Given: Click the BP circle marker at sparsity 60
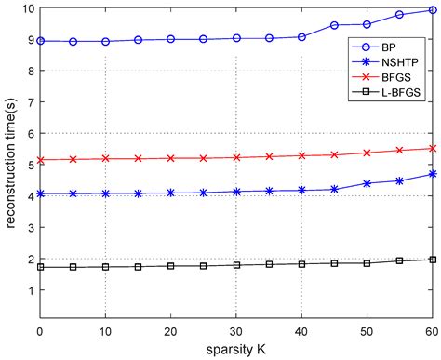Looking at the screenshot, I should (x=432, y=10).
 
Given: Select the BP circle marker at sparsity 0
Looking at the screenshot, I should (x=40, y=41).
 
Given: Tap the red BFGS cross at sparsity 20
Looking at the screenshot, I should (x=170, y=158).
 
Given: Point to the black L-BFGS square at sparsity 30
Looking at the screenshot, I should (x=236, y=265).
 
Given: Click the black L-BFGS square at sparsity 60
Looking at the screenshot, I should (x=432, y=260).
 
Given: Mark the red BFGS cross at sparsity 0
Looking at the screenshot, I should (x=40, y=159).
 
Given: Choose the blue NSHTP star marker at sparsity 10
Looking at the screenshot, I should (x=105, y=193).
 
